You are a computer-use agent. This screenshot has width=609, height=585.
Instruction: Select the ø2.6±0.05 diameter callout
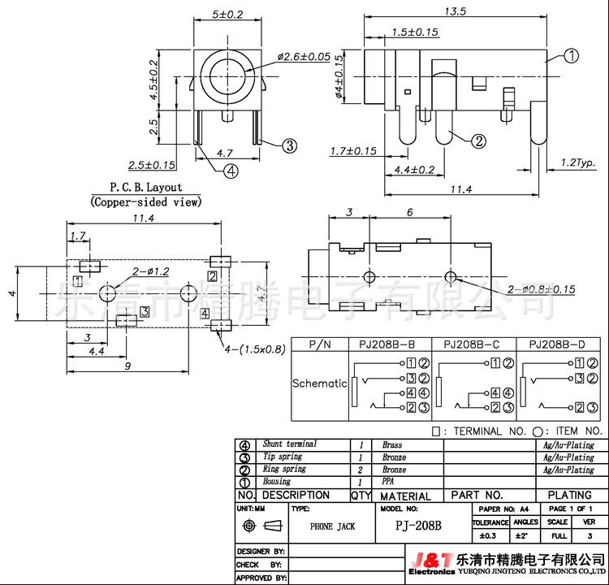(x=304, y=57)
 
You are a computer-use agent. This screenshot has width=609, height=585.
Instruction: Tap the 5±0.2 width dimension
(x=226, y=14)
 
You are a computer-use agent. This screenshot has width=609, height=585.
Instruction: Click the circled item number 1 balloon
(x=571, y=56)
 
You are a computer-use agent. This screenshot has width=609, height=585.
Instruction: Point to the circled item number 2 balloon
(x=479, y=141)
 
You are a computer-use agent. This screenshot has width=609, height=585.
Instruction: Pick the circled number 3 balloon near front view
(x=288, y=146)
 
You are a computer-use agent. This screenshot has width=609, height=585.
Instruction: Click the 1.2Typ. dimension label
(x=578, y=162)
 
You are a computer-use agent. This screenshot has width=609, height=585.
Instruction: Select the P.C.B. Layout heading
(x=145, y=187)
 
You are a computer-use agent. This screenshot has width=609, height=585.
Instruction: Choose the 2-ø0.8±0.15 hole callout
(x=540, y=289)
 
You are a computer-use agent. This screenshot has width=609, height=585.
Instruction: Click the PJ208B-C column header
(x=471, y=344)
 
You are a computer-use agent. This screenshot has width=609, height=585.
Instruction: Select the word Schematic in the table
(x=319, y=383)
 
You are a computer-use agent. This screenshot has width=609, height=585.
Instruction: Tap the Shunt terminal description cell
(x=290, y=444)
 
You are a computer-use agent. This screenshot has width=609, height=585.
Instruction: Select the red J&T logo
(x=433, y=561)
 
